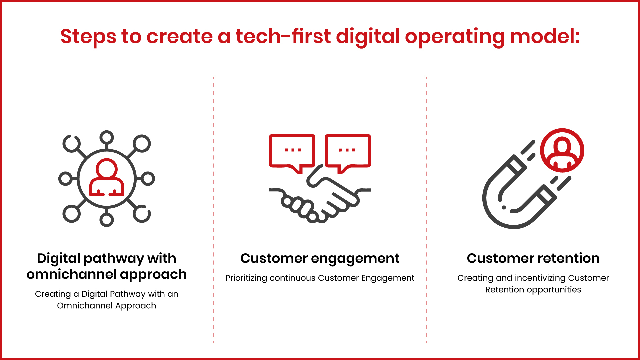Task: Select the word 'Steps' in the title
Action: (x=88, y=37)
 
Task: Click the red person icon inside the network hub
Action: (x=107, y=177)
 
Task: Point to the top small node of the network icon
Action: (x=107, y=137)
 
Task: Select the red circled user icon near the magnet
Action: (x=562, y=150)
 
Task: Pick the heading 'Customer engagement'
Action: (x=320, y=259)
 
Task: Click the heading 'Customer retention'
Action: (x=533, y=258)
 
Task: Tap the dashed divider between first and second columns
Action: (x=213, y=210)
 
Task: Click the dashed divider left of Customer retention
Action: (x=427, y=210)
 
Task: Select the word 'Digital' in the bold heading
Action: (x=59, y=259)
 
